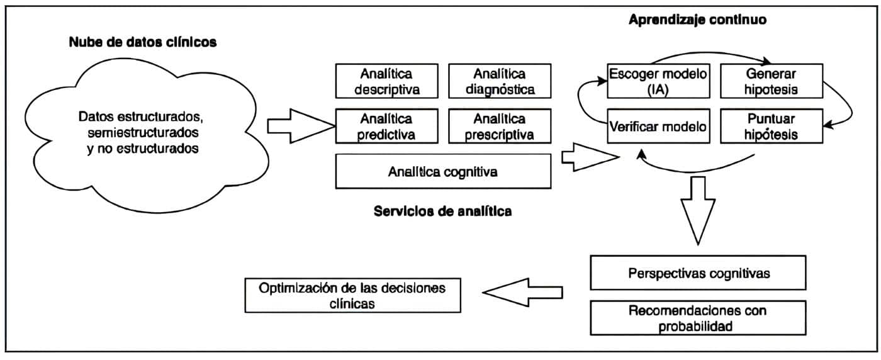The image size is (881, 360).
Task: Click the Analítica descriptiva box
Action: coord(387,81)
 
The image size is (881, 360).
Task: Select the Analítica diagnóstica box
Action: coord(500,81)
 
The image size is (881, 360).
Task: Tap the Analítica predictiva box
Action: coord(387,126)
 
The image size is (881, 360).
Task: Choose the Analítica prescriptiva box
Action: coord(500,126)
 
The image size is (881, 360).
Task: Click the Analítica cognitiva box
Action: coord(443,171)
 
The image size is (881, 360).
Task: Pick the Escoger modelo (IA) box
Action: coord(658,81)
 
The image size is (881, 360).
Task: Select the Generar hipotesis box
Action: coord(770,81)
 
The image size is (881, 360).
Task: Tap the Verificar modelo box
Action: coord(658,126)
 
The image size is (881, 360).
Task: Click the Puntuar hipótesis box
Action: coord(770,126)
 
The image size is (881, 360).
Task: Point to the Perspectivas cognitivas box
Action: coord(698,273)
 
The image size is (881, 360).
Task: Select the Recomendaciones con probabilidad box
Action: coord(698,318)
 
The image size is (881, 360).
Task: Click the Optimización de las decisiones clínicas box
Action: coord(352,295)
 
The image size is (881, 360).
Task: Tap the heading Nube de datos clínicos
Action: coord(143,43)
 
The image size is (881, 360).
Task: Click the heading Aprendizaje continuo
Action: coord(697,20)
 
